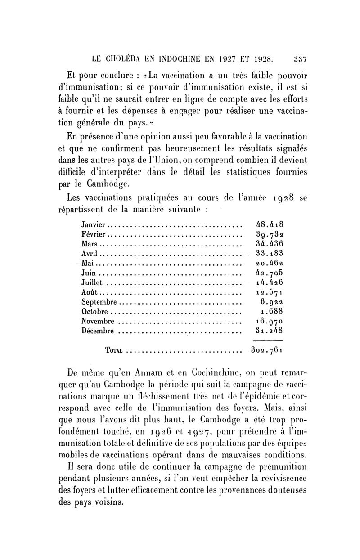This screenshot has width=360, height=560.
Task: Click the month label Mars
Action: coord(90,243)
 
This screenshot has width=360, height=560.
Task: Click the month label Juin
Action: coord(89,273)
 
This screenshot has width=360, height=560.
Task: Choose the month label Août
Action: coord(90,292)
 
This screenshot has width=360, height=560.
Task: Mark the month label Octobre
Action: coord(95,311)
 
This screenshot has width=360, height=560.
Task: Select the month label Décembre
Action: coord(98,331)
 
